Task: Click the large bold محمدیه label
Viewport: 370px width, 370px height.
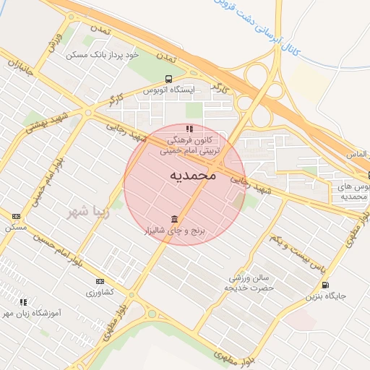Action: pos(194,176)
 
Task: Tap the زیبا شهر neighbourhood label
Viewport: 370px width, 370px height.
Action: pos(87,212)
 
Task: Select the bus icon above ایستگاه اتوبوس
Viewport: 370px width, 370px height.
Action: pos(168,79)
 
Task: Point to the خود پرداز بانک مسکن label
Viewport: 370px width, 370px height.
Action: pos(102,55)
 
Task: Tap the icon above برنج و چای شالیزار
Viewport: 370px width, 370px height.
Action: pos(174,219)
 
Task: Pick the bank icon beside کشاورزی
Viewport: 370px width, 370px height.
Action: pos(99,281)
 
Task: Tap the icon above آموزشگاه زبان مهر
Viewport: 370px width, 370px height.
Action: pos(23,302)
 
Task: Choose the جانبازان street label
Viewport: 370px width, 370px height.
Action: pos(23,72)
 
